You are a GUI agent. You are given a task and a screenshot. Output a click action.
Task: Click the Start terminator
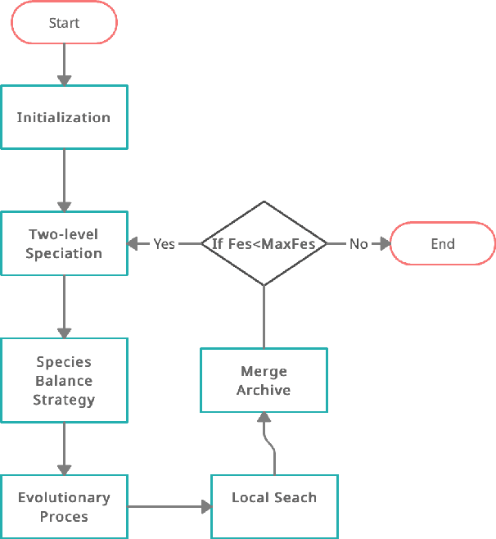pyautogui.click(x=64, y=24)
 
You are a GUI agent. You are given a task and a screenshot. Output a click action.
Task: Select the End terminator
pyautogui.click(x=443, y=244)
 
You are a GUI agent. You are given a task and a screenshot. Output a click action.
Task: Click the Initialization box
pyautogui.click(x=64, y=117)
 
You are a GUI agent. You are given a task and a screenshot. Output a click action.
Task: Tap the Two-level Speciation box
pyautogui.click(x=64, y=244)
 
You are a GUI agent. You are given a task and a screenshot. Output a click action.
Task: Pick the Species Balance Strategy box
pyautogui.click(x=64, y=381)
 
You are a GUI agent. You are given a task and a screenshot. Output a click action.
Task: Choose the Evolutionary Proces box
pyautogui.click(x=64, y=507)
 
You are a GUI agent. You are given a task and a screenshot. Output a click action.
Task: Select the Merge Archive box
pyautogui.click(x=264, y=381)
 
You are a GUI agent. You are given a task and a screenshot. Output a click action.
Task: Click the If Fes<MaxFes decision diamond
pyautogui.click(x=264, y=243)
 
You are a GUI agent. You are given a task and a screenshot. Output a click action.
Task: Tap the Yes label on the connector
pyautogui.click(x=165, y=244)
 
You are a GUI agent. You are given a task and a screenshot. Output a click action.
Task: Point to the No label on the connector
pyautogui.click(x=358, y=244)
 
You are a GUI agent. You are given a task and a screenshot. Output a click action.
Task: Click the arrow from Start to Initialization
pyautogui.click(x=64, y=64)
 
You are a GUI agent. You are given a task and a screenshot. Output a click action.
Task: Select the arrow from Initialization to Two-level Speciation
pyautogui.click(x=64, y=180)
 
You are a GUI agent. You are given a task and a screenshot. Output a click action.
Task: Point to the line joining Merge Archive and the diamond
pyautogui.click(x=264, y=316)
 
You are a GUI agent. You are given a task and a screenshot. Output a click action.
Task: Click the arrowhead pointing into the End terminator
pyautogui.click(x=383, y=244)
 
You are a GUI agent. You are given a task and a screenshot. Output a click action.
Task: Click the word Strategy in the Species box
pyautogui.click(x=64, y=400)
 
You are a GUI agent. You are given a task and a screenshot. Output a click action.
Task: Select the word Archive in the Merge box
pyautogui.click(x=264, y=391)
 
